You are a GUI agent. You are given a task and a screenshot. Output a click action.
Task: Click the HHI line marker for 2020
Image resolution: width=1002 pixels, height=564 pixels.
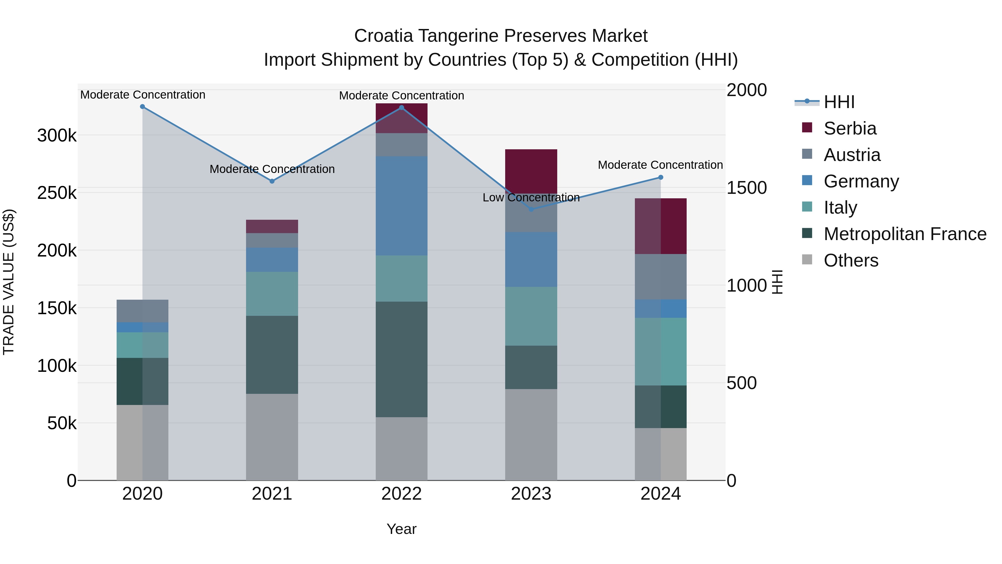pos(142,107)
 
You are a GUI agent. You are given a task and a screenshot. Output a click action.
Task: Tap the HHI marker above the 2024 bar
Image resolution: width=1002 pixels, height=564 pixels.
pos(660,177)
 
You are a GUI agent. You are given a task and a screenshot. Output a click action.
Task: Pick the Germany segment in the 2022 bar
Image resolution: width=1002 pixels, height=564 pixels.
pos(401,206)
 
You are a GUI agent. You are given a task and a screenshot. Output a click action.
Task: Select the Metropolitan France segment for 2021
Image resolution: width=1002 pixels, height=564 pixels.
pos(272,355)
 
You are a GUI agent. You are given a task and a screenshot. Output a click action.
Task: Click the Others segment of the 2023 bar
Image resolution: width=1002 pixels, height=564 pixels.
pos(531,434)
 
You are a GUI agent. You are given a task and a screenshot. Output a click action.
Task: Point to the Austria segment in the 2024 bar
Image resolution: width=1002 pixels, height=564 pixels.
pos(660,277)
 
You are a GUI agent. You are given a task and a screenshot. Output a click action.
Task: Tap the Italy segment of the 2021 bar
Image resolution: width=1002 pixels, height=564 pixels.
pos(272,294)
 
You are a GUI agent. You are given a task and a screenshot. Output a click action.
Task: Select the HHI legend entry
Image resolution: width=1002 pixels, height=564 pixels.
pos(839,102)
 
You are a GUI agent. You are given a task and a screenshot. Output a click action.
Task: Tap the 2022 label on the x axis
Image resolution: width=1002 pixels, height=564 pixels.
pos(401,494)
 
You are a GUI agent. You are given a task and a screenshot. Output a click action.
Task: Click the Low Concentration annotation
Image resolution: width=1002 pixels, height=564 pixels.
pos(531,198)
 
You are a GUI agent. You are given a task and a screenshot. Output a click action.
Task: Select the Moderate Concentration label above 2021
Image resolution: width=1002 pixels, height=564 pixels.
pos(272,169)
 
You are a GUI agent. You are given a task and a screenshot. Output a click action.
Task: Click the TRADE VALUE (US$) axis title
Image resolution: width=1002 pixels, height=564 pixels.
pos(9,282)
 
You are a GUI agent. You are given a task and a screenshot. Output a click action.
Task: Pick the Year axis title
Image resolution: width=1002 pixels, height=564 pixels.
pos(401,529)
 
